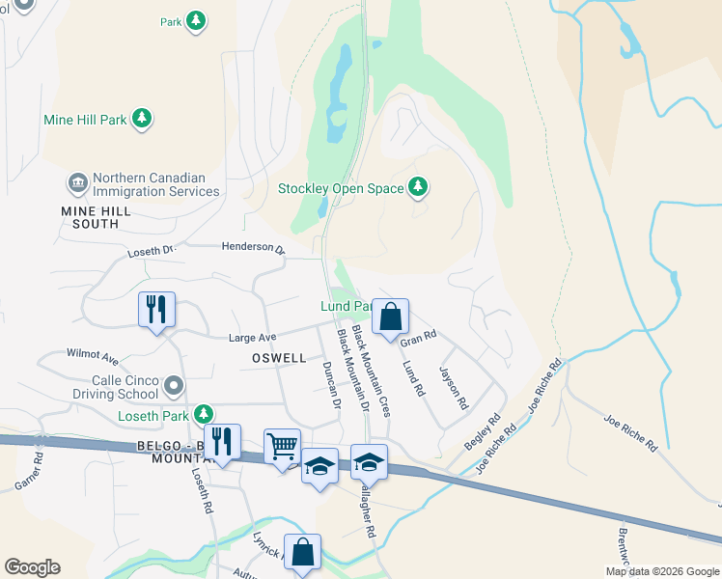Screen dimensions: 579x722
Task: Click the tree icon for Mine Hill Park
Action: click(x=143, y=119)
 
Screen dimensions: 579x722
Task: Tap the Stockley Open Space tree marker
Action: click(x=418, y=187)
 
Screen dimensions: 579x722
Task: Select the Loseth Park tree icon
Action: click(x=203, y=415)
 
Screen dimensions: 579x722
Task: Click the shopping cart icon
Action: click(x=282, y=446)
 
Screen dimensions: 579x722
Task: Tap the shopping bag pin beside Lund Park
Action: click(x=390, y=317)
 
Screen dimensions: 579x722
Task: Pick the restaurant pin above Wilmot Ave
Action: click(x=156, y=310)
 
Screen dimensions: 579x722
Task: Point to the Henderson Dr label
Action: click(x=254, y=248)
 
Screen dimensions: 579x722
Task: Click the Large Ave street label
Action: click(x=252, y=338)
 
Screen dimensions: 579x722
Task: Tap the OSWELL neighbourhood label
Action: click(x=278, y=358)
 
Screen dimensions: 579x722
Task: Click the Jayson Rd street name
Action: click(x=453, y=386)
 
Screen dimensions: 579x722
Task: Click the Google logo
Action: click(x=32, y=567)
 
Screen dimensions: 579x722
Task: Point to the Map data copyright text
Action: click(x=662, y=571)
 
